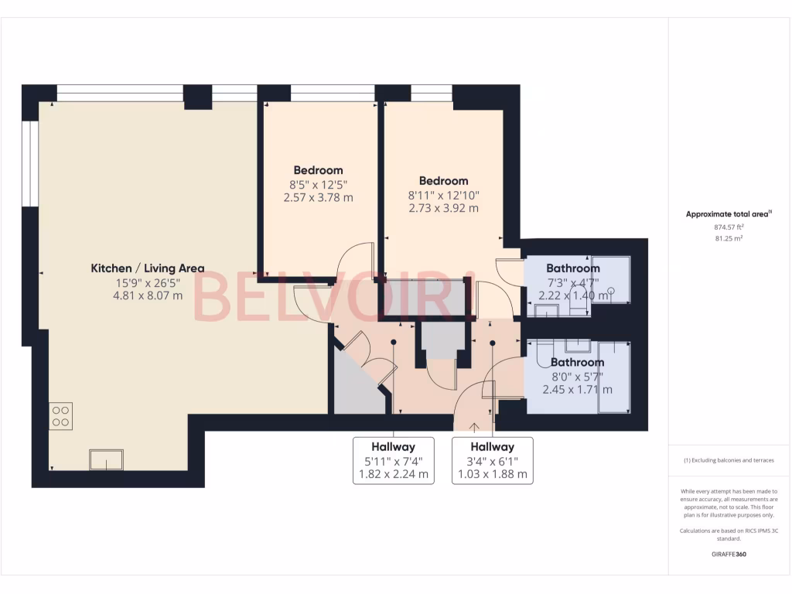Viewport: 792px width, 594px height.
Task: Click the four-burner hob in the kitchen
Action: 60,416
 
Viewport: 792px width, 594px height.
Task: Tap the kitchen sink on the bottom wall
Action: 106,459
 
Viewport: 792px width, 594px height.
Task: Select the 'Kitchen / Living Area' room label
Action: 148,268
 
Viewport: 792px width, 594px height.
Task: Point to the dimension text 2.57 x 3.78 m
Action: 318,197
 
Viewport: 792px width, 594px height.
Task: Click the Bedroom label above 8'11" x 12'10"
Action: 443,181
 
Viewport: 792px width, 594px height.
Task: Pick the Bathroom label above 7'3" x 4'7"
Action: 573,268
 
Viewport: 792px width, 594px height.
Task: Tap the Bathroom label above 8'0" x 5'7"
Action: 577,362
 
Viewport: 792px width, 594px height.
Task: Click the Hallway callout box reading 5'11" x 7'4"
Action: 393,461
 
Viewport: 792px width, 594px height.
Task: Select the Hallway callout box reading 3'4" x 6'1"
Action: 492,461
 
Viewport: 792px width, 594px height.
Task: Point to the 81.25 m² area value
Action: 729,239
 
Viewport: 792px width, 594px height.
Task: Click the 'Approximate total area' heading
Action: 728,214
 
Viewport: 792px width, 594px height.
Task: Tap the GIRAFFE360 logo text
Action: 729,554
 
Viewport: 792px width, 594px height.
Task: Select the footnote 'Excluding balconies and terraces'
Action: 729,460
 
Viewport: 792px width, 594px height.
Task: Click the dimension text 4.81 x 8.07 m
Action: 148,295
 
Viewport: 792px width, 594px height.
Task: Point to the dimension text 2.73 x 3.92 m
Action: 443,208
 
